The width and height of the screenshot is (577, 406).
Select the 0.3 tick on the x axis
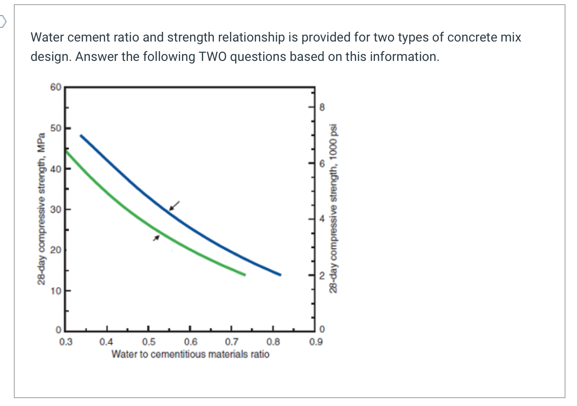click(x=66, y=342)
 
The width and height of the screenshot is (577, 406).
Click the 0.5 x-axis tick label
click(x=148, y=342)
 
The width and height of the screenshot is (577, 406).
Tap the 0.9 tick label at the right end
click(x=316, y=342)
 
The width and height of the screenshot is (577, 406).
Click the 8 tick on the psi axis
click(x=322, y=108)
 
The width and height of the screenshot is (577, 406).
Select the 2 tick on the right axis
click(x=322, y=276)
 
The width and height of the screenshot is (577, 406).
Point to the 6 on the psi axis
click(x=322, y=164)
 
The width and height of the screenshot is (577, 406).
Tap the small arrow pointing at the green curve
click(x=157, y=237)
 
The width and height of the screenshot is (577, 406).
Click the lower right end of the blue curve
click(x=280, y=275)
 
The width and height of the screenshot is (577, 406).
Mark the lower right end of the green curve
click(x=244, y=275)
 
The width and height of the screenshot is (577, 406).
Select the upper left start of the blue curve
click(x=81, y=136)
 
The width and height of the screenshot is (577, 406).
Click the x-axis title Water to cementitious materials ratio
click(x=190, y=354)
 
